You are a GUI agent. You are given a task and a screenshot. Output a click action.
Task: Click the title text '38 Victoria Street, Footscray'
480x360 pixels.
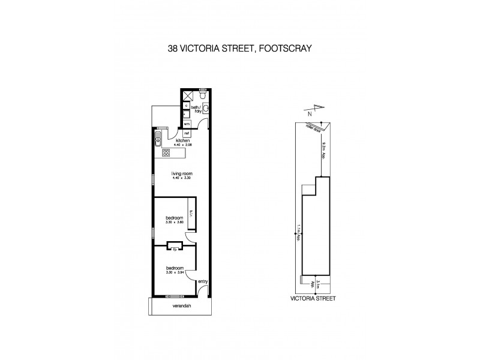tap(239, 51)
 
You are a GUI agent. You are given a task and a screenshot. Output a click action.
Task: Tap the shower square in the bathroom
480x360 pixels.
tap(187, 95)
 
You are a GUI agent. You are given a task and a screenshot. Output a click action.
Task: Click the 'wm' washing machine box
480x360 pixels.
tap(187, 124)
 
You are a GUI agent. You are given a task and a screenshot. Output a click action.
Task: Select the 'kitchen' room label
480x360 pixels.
tap(182, 140)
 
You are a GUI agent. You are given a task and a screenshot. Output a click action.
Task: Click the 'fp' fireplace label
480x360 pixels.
tap(175, 248)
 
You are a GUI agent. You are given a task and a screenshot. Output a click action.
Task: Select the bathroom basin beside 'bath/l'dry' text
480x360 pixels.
tap(206, 109)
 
